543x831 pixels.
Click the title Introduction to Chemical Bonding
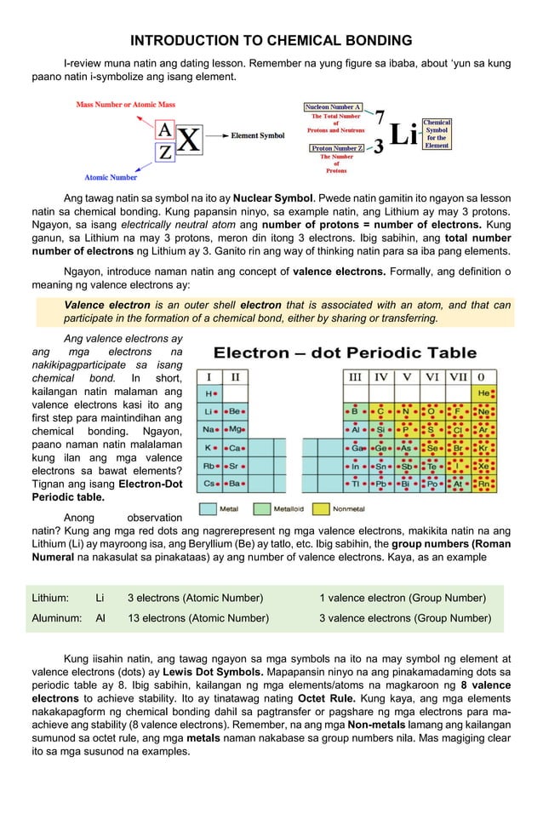tap(271, 41)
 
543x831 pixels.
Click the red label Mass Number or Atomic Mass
tap(125, 105)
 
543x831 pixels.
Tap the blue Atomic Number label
tap(111, 177)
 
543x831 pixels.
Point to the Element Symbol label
tap(258, 135)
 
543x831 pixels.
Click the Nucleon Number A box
tap(333, 107)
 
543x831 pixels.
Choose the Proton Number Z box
tap(337, 148)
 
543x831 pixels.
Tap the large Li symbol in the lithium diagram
tap(403, 135)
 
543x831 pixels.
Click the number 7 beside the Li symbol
tap(380, 117)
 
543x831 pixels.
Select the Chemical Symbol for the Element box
tap(437, 134)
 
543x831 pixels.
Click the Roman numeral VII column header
tap(459, 375)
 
